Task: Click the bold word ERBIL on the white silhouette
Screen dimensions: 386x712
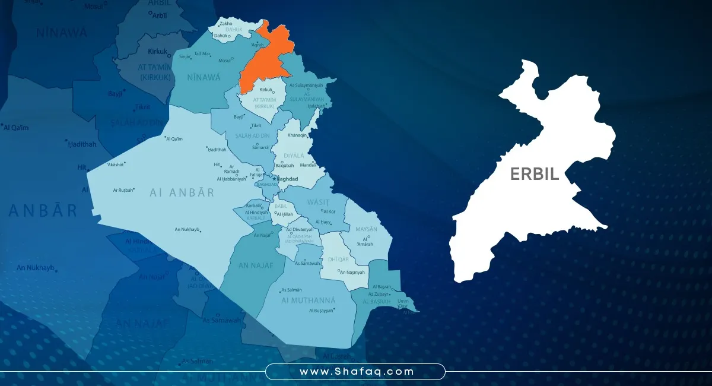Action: pos(534,174)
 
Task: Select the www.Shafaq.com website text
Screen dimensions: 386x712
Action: pos(355,372)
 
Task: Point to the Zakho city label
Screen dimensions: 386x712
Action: pos(226,24)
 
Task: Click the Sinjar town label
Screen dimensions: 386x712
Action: pos(185,56)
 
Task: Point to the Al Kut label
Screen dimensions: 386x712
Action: pos(329,211)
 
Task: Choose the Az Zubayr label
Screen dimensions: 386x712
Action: pos(378,294)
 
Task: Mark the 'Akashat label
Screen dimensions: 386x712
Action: pos(116,164)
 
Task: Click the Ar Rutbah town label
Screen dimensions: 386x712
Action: pos(123,190)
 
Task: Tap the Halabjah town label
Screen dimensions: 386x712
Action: pos(316,106)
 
